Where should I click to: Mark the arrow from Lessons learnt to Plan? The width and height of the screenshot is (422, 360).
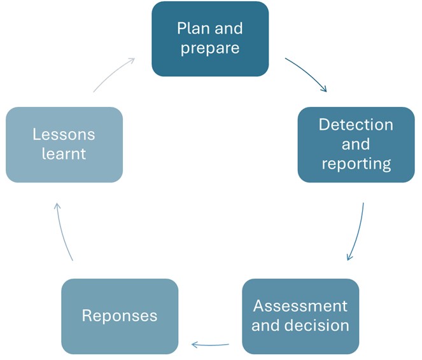pyautogui.click(x=115, y=73)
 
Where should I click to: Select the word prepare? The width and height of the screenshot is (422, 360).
pyautogui.click(x=210, y=48)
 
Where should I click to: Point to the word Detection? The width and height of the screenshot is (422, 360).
pyautogui.click(x=356, y=124)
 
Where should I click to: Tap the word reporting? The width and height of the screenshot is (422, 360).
pyautogui.click(x=356, y=164)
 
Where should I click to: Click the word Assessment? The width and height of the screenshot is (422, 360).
pyautogui.click(x=300, y=306)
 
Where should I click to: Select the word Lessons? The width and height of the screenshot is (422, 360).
pyautogui.click(x=64, y=135)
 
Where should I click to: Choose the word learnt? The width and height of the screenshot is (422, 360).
pyautogui.click(x=64, y=154)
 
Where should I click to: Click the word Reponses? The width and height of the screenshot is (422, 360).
pyautogui.click(x=120, y=316)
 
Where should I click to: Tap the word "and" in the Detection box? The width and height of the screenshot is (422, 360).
pyautogui.click(x=356, y=144)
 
